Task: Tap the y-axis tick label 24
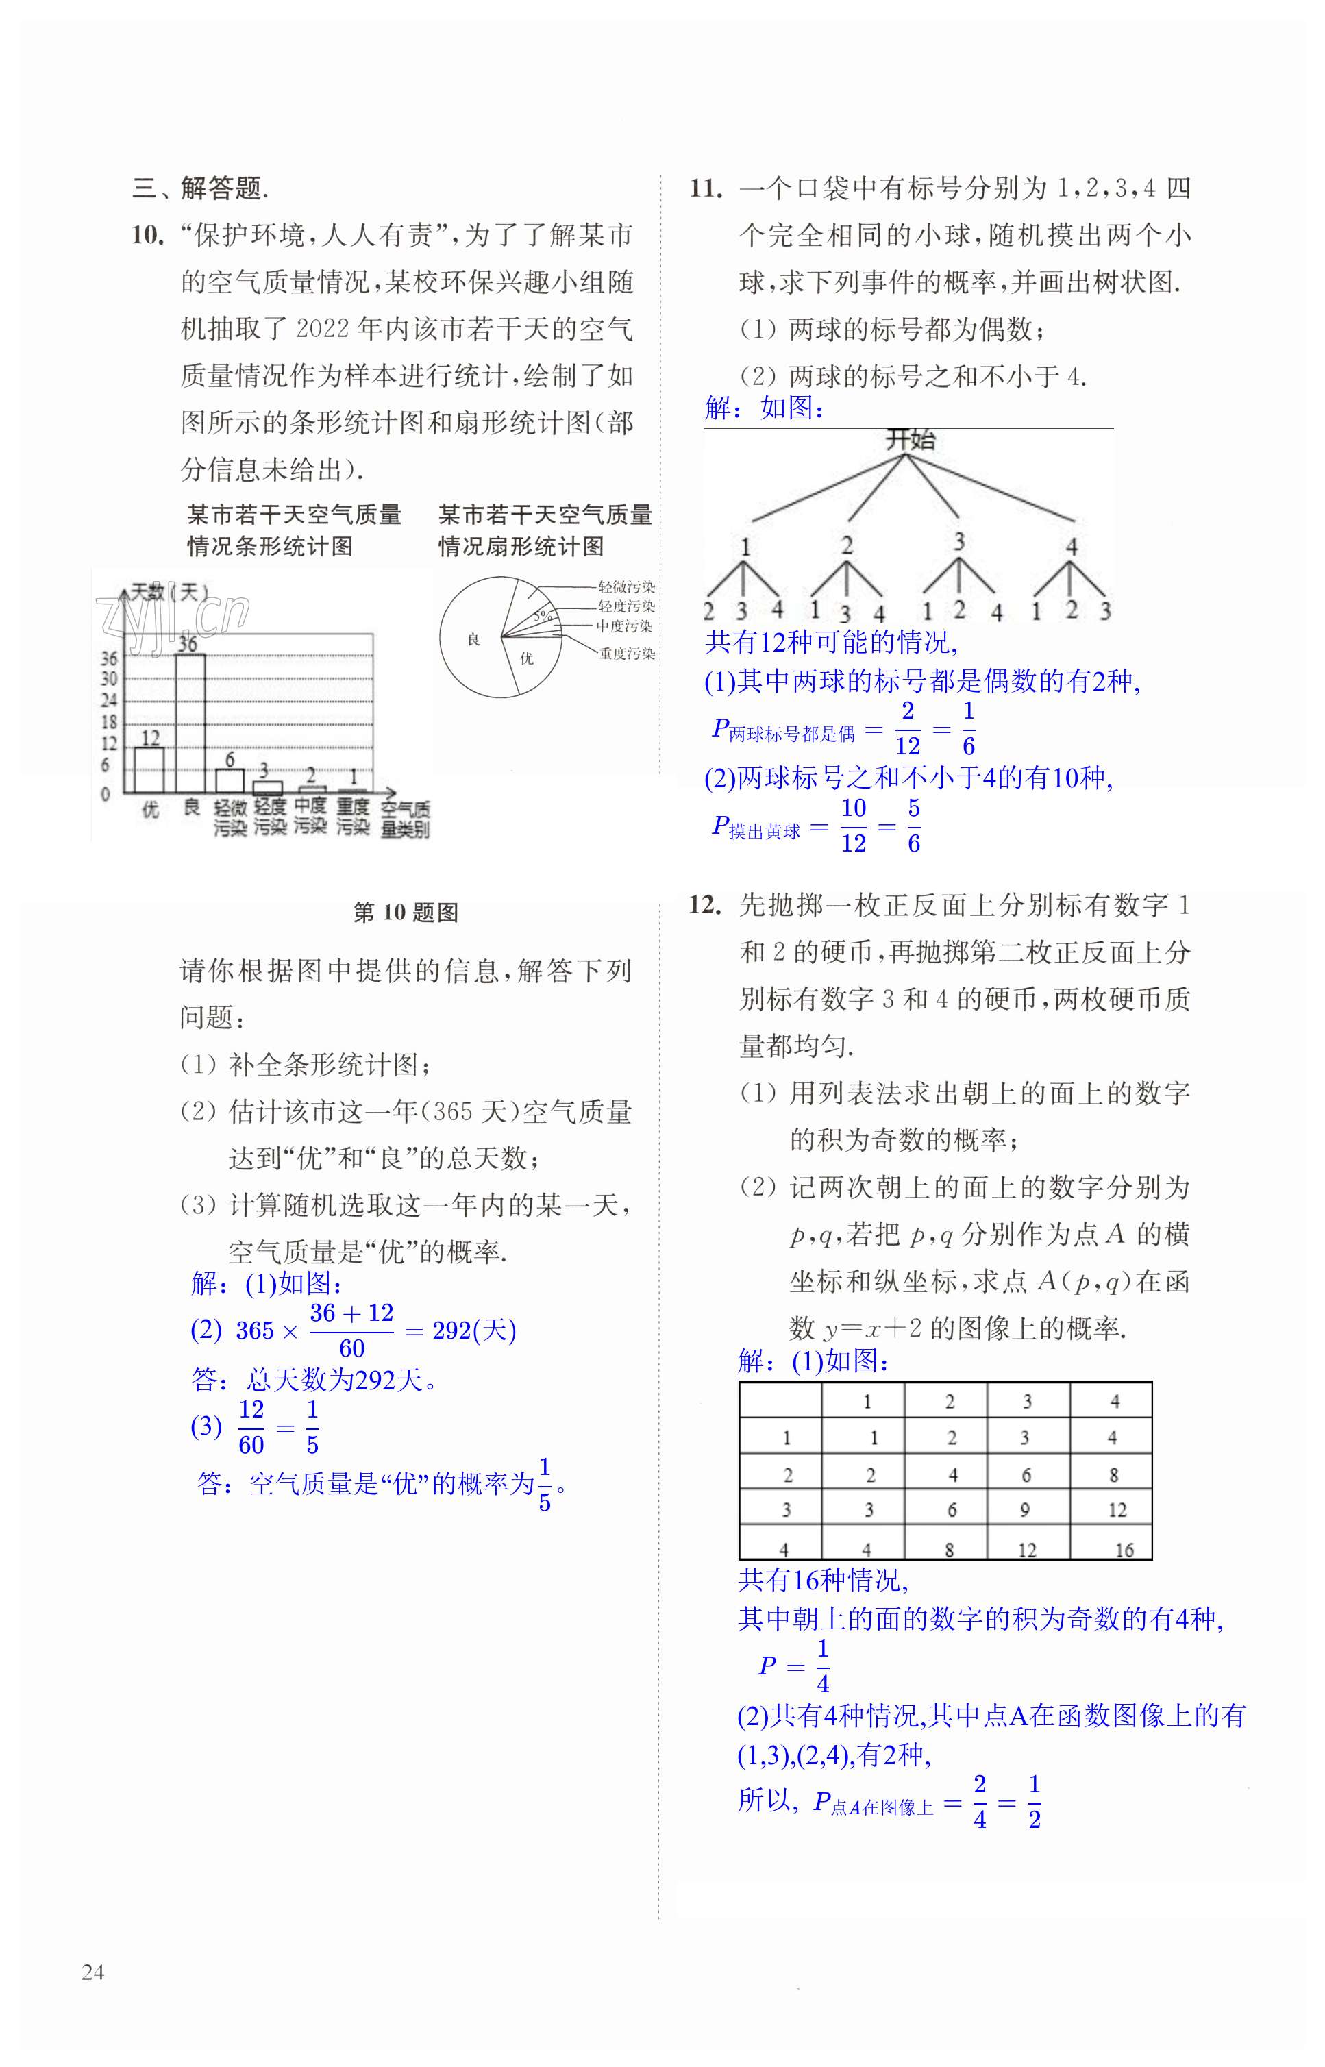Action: coord(108,700)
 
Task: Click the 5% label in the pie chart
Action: coord(541,616)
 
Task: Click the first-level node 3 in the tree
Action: coord(958,541)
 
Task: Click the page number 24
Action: coord(93,1972)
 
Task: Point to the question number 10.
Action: coord(147,235)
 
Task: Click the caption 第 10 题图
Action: coord(406,913)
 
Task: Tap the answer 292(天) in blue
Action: coord(474,1330)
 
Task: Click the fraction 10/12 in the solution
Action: coord(853,826)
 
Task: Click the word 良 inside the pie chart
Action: coord(473,640)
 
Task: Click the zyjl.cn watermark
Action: coord(172,616)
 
